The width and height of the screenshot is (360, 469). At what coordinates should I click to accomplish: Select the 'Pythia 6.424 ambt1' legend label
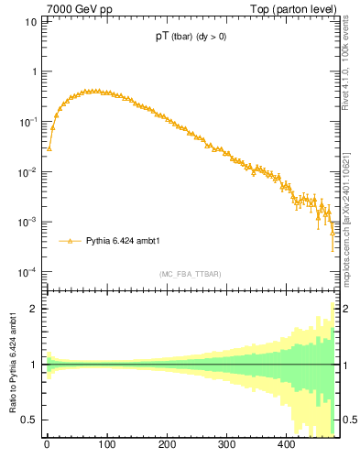point(123,242)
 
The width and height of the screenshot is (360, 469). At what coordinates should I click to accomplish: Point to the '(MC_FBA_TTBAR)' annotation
point(191,274)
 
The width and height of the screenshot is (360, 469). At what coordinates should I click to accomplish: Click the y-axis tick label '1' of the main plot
point(34,71)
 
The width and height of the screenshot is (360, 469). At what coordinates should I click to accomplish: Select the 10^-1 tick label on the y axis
point(28,122)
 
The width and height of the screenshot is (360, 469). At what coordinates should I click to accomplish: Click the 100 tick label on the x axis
point(106,446)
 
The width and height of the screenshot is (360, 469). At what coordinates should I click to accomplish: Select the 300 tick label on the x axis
point(226,446)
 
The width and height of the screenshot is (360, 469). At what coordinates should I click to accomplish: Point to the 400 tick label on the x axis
point(286,446)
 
